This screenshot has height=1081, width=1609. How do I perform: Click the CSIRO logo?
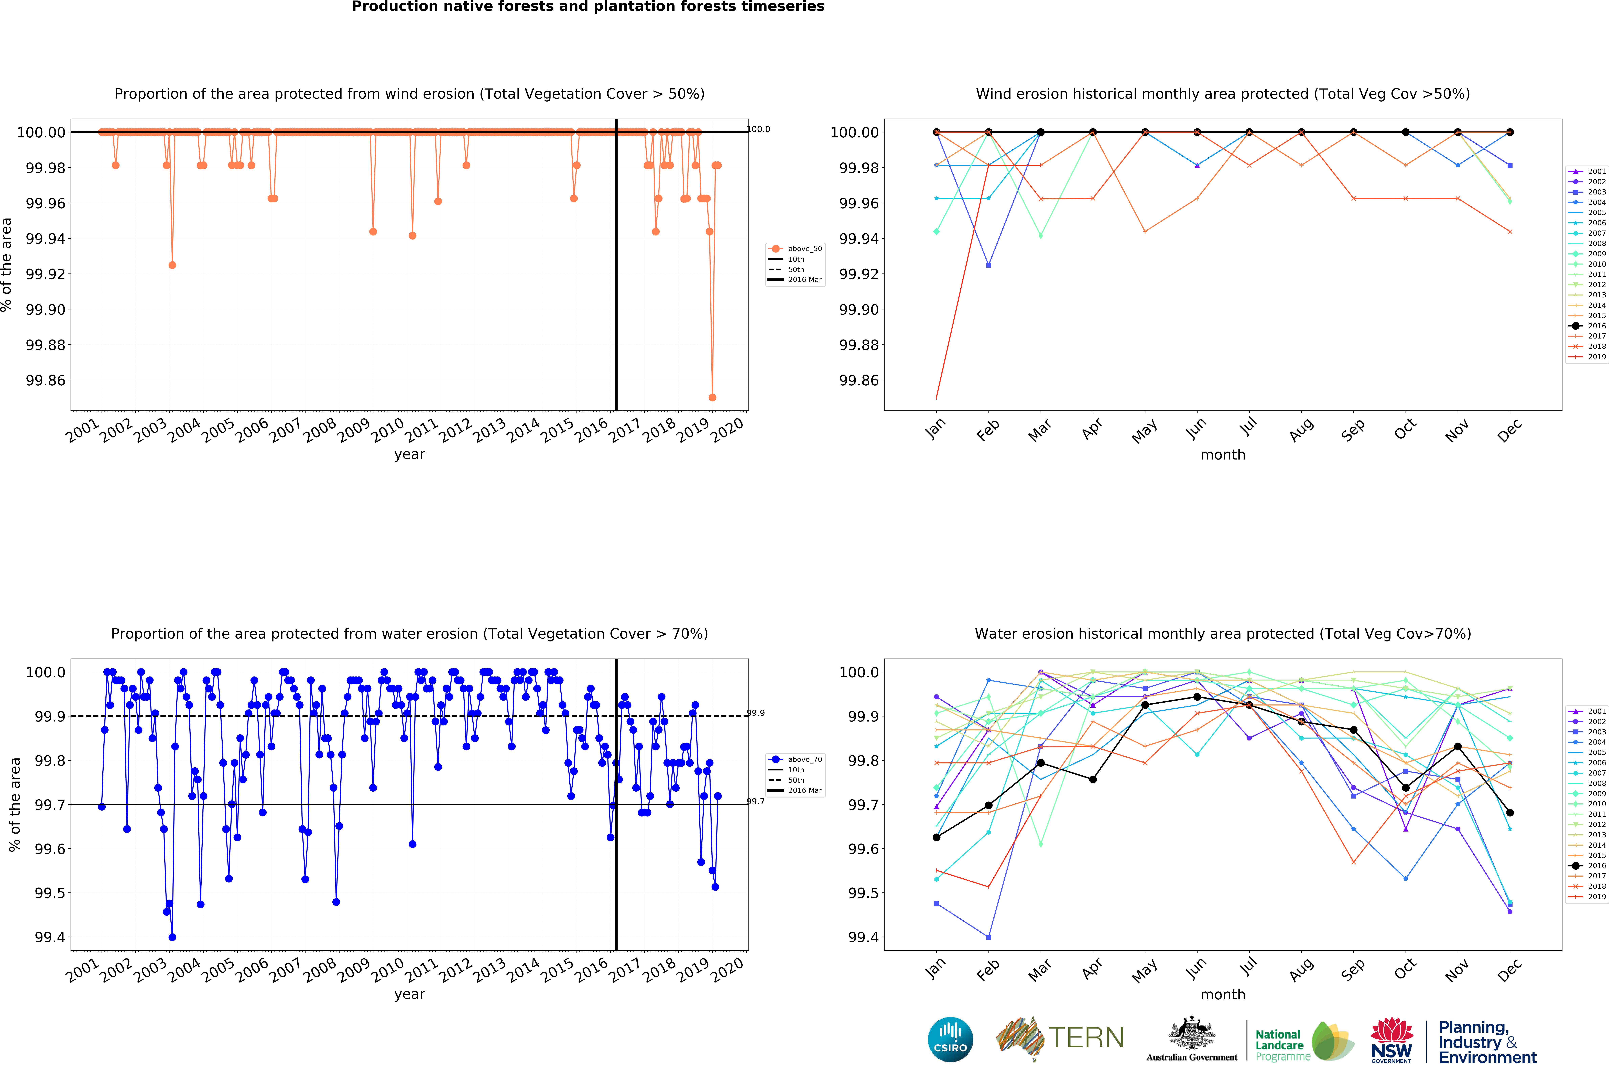coord(950,1039)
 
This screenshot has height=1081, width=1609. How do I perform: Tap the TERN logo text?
coord(1086,1038)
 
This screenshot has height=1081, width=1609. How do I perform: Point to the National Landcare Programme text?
coord(1281,1044)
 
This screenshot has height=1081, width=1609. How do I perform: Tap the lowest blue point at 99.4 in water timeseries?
coord(172,937)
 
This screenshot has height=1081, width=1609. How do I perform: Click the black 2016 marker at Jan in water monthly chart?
coord(936,837)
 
